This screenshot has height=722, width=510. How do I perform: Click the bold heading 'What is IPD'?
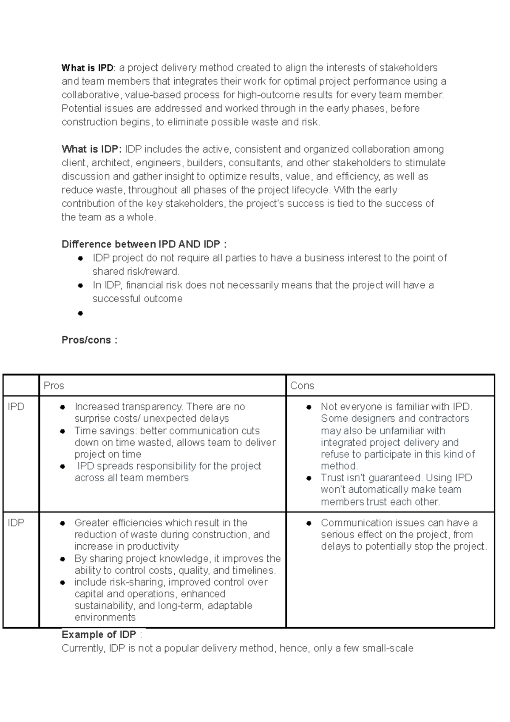(87, 68)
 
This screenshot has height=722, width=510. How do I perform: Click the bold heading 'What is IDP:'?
(91, 149)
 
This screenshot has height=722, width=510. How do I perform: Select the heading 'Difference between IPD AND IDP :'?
(144, 244)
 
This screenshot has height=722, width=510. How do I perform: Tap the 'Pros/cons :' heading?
(89, 340)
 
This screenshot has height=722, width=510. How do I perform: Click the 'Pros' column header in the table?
(54, 386)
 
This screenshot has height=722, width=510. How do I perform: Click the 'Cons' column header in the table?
(302, 386)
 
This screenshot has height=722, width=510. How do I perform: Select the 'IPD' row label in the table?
(16, 407)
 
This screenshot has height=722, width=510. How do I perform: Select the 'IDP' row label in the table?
(16, 523)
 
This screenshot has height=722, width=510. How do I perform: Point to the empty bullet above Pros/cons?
(80, 314)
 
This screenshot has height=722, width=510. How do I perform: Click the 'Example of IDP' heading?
(99, 635)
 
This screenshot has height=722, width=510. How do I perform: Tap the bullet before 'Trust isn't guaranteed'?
(309, 478)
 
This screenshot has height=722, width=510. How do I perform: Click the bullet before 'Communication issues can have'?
(309, 523)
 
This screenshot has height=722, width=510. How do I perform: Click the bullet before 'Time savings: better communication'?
(62, 431)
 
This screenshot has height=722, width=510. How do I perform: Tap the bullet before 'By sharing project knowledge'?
(62, 559)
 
